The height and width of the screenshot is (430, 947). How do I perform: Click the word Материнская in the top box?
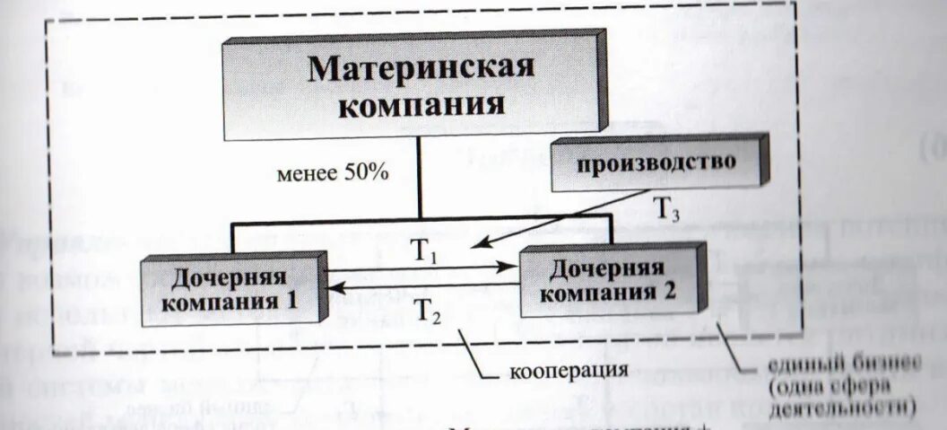pyautogui.click(x=421, y=69)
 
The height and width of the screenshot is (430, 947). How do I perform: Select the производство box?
pyautogui.click(x=657, y=162)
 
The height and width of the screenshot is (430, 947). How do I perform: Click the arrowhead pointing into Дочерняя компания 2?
pyautogui.click(x=511, y=268)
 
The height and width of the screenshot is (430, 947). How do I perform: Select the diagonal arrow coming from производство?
pyautogui.click(x=565, y=217)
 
